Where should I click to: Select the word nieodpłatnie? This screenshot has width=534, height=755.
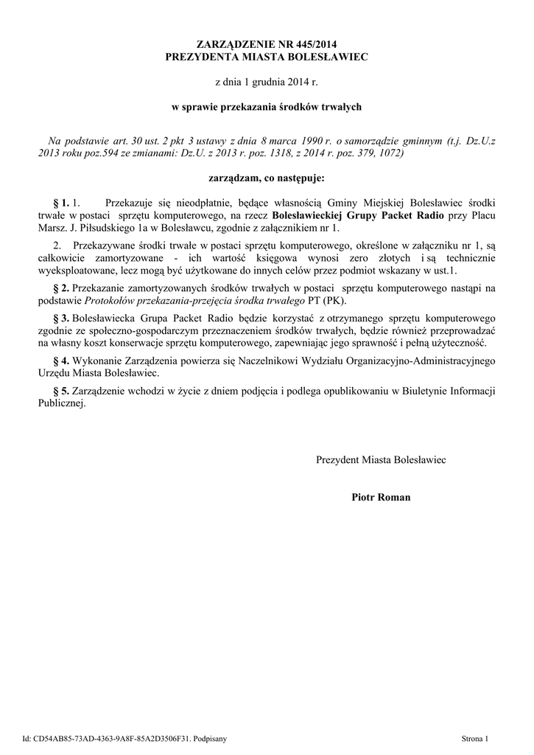[x=202, y=202]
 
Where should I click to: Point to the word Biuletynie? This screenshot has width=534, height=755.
[x=416, y=391]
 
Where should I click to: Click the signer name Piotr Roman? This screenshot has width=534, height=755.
[x=381, y=498]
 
